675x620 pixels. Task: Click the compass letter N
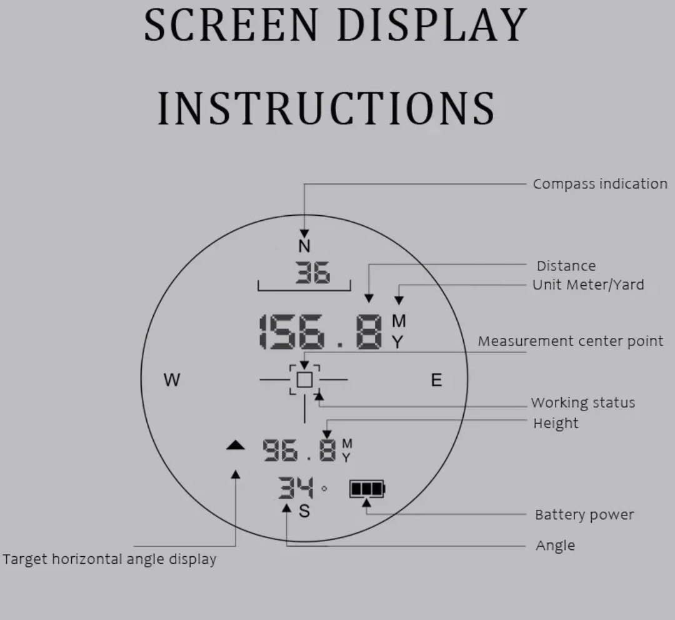pos(304,246)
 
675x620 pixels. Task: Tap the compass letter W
pos(172,380)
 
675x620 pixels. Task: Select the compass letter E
pos(436,380)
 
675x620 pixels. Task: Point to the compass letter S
pos(304,511)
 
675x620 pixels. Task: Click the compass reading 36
pos(313,273)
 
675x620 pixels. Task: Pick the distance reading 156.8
pos(320,332)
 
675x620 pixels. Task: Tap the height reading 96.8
pos(299,450)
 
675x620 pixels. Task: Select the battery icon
pos(367,489)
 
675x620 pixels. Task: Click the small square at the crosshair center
pos(305,380)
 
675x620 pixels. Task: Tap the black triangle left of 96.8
pos(236,445)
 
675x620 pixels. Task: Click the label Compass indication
pos(600,184)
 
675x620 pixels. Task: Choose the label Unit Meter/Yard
pos(588,285)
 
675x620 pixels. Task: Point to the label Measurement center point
pos(571,341)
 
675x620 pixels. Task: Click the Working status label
pos(583,403)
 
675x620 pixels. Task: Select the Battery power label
pos(584,515)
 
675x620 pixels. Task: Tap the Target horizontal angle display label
pos(109,559)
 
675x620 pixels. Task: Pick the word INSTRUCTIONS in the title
pos(326,108)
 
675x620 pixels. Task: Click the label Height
pos(556,424)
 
